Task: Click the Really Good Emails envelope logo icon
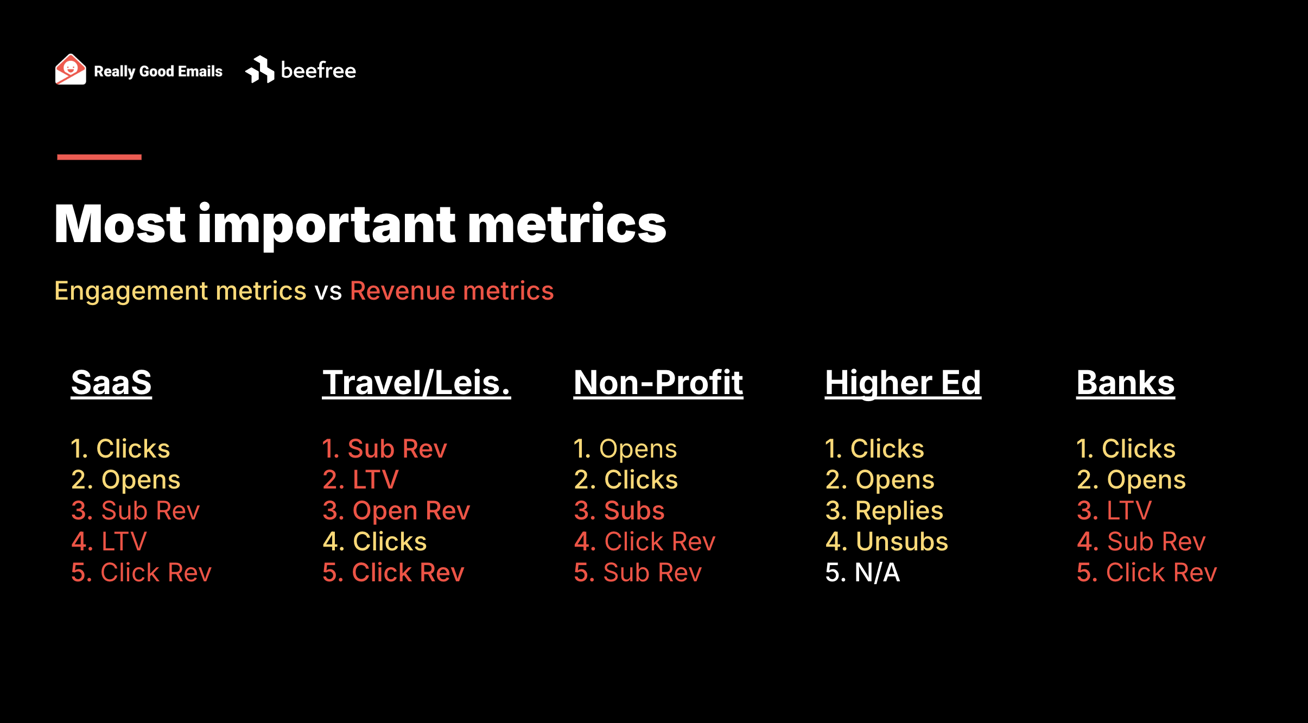point(71,69)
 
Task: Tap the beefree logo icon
point(260,69)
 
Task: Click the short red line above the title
point(99,157)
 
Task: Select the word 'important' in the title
point(327,225)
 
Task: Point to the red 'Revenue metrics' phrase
point(452,291)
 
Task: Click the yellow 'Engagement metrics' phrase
point(180,291)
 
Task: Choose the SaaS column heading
point(111,383)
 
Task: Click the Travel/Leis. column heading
point(417,383)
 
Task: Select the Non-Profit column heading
point(658,383)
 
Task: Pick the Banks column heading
point(1126,383)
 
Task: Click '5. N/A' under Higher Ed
point(862,573)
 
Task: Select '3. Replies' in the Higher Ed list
point(884,511)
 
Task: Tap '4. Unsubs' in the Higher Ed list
point(887,542)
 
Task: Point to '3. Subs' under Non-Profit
point(619,511)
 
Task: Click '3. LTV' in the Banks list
point(1114,511)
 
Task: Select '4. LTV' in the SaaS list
point(109,542)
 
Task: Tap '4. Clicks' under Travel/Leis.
point(374,542)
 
